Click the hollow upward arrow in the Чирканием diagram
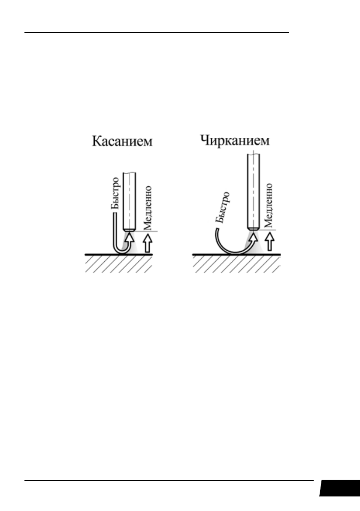[269, 242]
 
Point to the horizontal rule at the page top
[157, 33]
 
